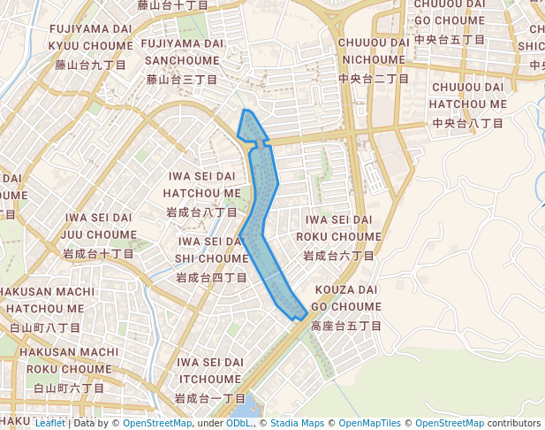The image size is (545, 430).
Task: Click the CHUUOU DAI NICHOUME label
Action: click(374, 50)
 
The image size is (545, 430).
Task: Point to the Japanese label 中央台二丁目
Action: click(374, 79)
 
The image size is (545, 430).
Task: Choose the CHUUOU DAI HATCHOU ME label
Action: click(468, 95)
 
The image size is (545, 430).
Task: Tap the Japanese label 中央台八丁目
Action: click(468, 123)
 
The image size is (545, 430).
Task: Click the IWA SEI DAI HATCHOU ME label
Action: click(201, 184)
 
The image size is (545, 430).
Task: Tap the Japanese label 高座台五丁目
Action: click(345, 326)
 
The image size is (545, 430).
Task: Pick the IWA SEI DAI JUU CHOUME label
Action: click(98, 226)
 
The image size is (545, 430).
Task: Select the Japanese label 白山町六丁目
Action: click(68, 388)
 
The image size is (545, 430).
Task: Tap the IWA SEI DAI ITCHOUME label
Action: click(209, 371)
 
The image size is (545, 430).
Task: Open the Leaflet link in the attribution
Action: click(49, 423)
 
